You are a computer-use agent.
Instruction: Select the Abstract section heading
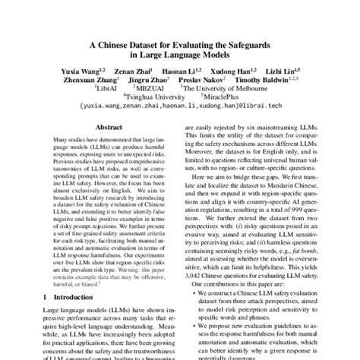point(109,128)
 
